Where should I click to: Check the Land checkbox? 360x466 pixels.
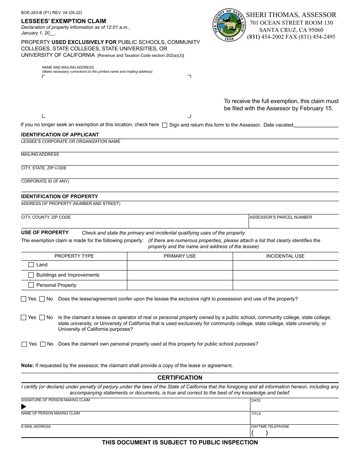(31, 265)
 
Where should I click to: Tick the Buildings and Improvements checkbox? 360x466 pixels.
(31, 275)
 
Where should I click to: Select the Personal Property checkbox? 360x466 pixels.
(31, 285)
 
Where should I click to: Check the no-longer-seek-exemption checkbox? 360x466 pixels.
(164, 125)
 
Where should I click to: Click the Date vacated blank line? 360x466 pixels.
(316, 125)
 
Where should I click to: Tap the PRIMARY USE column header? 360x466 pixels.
(180, 256)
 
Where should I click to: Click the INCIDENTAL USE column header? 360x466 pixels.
(285, 256)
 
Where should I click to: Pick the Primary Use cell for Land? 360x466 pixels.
(180, 265)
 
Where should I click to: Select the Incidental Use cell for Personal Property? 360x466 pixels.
(285, 285)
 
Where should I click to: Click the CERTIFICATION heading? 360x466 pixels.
(180, 378)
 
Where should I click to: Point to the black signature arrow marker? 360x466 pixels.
(24, 407)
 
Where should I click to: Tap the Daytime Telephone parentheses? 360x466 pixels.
(260, 433)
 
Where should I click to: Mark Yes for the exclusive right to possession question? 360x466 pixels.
(24, 299)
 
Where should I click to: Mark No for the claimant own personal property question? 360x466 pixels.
(43, 344)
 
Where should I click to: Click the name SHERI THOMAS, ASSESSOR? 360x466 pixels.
(291, 15)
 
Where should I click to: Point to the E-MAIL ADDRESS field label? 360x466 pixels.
(36, 427)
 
